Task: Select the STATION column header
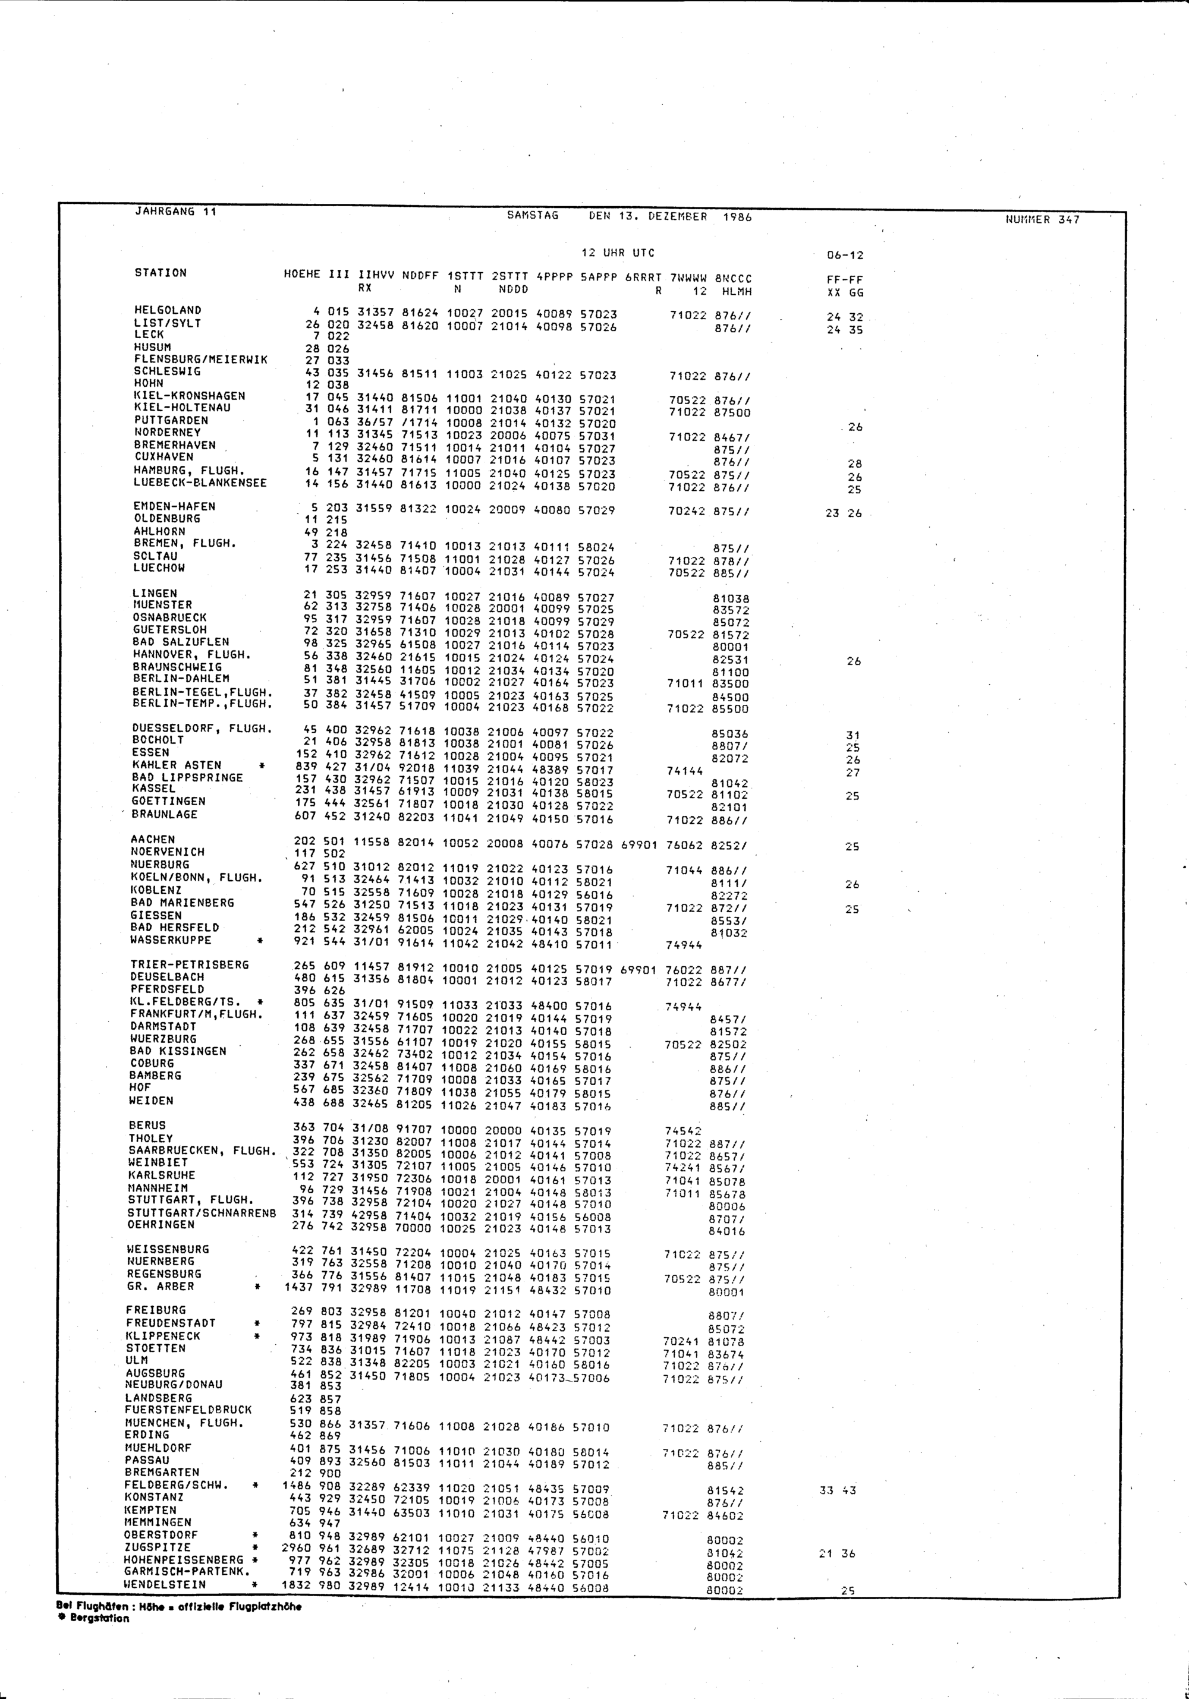coord(161,273)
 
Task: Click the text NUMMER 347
coord(1042,220)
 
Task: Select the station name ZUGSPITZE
coord(158,1547)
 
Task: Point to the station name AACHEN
coord(153,840)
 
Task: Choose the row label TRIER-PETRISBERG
coord(190,965)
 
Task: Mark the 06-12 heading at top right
coord(845,256)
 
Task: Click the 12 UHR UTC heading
coord(618,253)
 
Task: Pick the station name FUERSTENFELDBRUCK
coord(188,1410)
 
